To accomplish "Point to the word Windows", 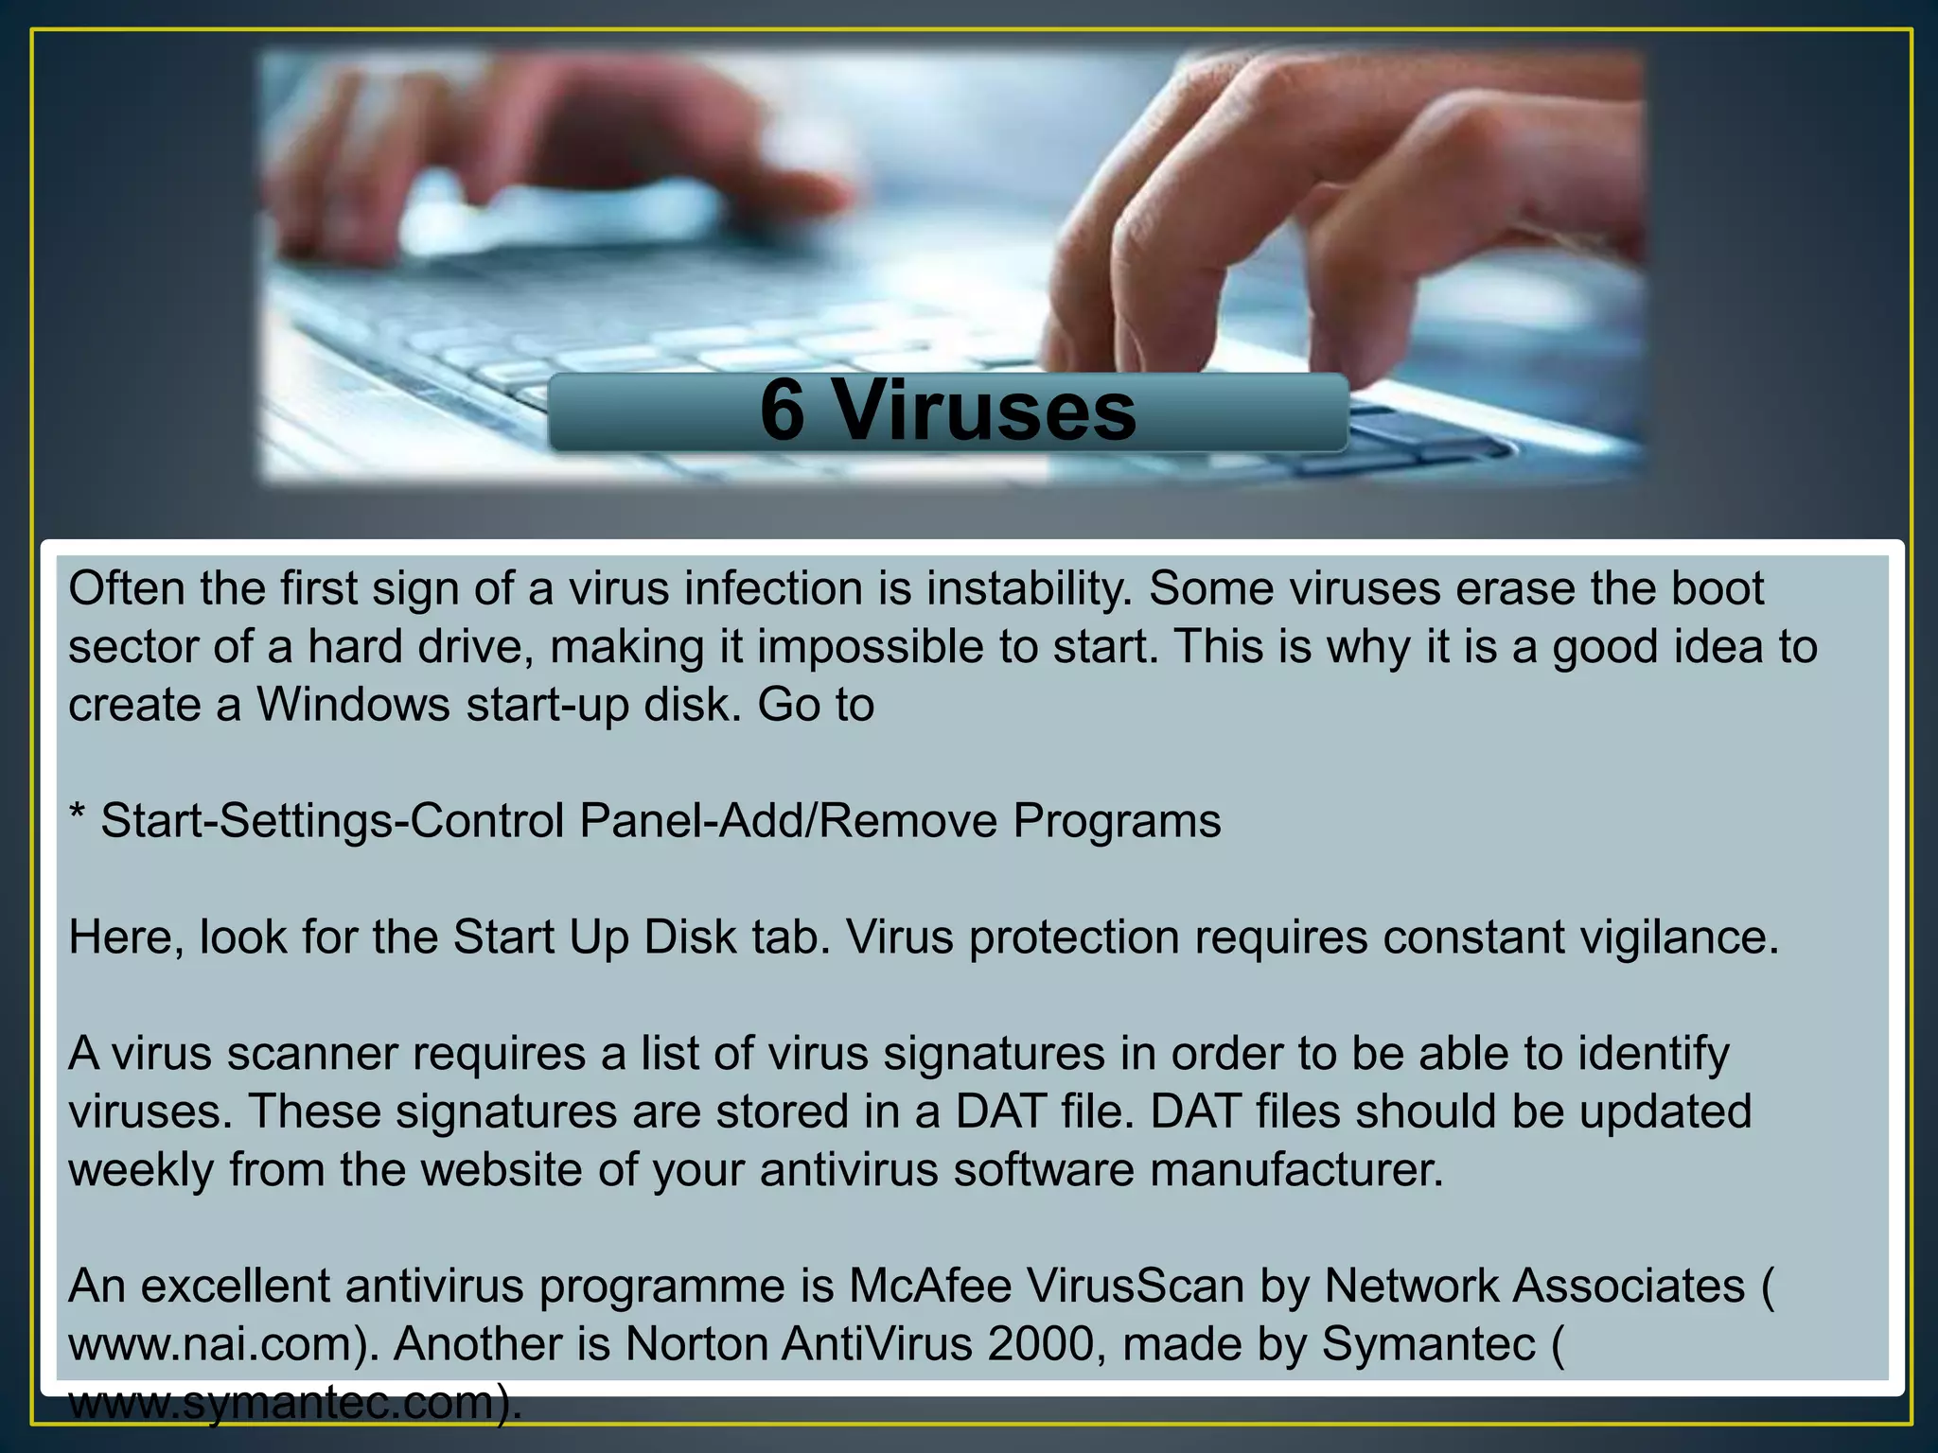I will (353, 705).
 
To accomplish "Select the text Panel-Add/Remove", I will (788, 821).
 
